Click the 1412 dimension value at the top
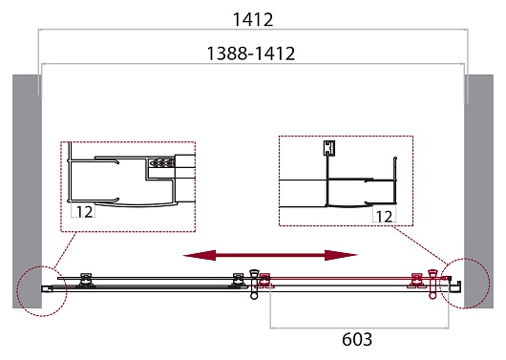[253, 20]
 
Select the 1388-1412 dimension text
[251, 53]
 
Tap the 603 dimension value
[357, 339]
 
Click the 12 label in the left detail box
[84, 212]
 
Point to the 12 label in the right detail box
[385, 217]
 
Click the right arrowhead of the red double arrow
[341, 255]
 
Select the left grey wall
[27, 191]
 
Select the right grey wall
[479, 191]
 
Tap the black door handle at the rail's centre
[254, 285]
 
